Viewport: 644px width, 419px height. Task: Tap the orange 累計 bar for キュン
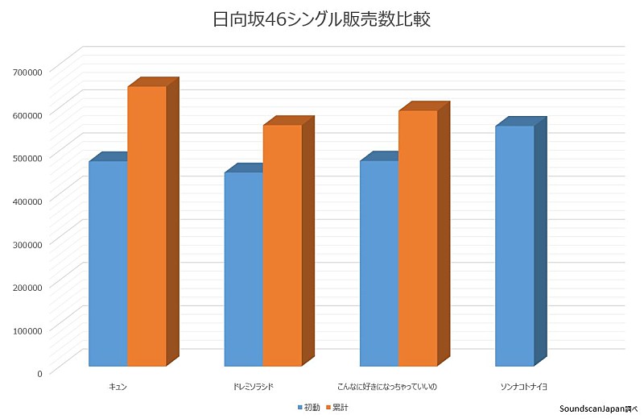click(x=147, y=226)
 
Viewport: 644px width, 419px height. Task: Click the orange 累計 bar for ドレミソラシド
click(x=283, y=245)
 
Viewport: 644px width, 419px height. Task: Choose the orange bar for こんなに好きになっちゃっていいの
click(x=418, y=238)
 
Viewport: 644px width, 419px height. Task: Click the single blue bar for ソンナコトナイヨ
click(x=514, y=245)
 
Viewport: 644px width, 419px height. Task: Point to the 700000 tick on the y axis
click(x=27, y=71)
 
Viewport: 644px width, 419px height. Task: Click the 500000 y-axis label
click(x=27, y=157)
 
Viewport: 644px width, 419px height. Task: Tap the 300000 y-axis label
click(x=27, y=243)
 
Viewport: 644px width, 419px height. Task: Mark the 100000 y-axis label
click(x=27, y=330)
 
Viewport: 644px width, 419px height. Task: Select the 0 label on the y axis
click(x=39, y=372)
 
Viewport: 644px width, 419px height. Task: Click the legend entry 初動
click(x=311, y=408)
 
